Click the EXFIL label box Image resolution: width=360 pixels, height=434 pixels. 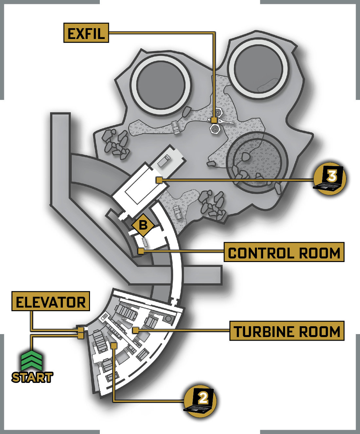[86, 33]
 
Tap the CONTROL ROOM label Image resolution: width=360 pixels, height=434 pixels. [284, 252]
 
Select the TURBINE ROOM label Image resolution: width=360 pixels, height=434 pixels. [287, 331]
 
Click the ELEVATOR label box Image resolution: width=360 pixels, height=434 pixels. [51, 301]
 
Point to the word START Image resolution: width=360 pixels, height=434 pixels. [32, 377]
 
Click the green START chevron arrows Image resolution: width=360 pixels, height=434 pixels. [31, 361]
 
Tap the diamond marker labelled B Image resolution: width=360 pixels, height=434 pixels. [143, 225]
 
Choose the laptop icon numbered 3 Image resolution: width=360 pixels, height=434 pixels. [330, 178]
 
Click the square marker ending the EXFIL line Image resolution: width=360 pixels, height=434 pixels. [214, 120]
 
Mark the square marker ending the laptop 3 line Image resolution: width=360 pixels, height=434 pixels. [159, 180]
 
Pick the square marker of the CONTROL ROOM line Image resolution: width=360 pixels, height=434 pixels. [141, 251]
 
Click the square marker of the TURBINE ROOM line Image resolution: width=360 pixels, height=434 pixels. [135, 330]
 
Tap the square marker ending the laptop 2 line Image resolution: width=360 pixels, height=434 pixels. [114, 346]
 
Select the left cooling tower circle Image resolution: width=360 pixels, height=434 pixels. [161, 85]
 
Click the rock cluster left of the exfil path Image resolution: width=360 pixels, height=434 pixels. [116, 144]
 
